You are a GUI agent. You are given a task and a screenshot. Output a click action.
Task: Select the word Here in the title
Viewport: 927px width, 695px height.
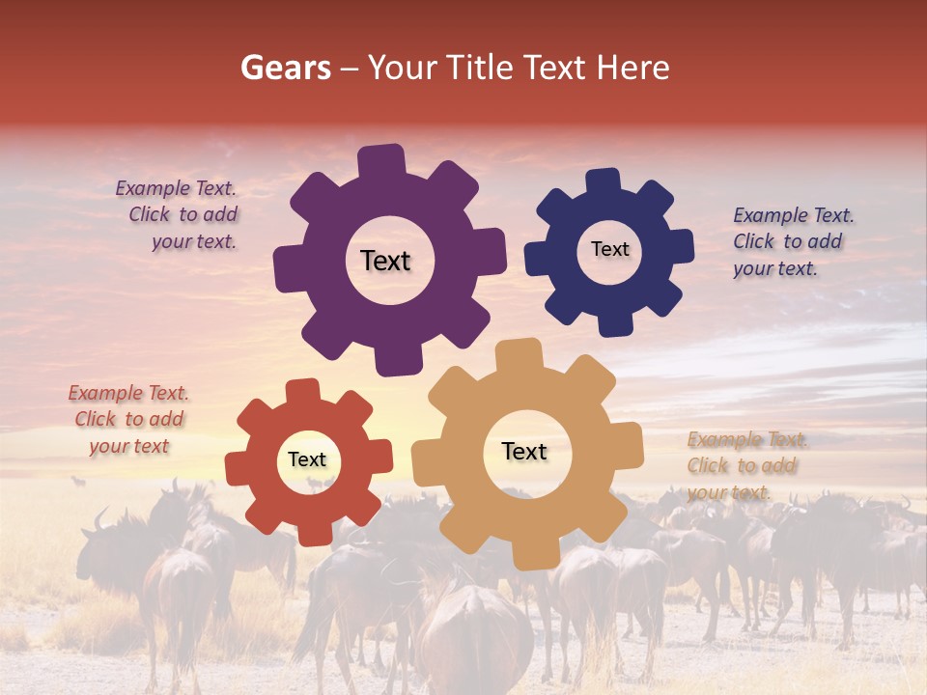632,68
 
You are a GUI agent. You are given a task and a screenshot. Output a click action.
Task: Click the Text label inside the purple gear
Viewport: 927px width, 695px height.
385,261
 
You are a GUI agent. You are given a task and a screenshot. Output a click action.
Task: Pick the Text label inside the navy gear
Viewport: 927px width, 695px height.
609,249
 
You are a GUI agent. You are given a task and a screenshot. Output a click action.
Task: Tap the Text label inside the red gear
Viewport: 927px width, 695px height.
307,459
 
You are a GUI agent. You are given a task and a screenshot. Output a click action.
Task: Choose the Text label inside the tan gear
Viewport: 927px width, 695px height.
524,451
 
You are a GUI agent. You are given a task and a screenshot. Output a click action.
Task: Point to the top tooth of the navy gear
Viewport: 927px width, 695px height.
603,181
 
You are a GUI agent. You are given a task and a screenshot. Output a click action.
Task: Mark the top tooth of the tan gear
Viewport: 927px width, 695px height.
518,354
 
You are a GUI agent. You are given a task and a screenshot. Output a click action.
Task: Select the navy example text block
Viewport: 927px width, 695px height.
792,241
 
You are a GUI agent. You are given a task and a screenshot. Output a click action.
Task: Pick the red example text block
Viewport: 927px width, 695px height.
128,419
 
